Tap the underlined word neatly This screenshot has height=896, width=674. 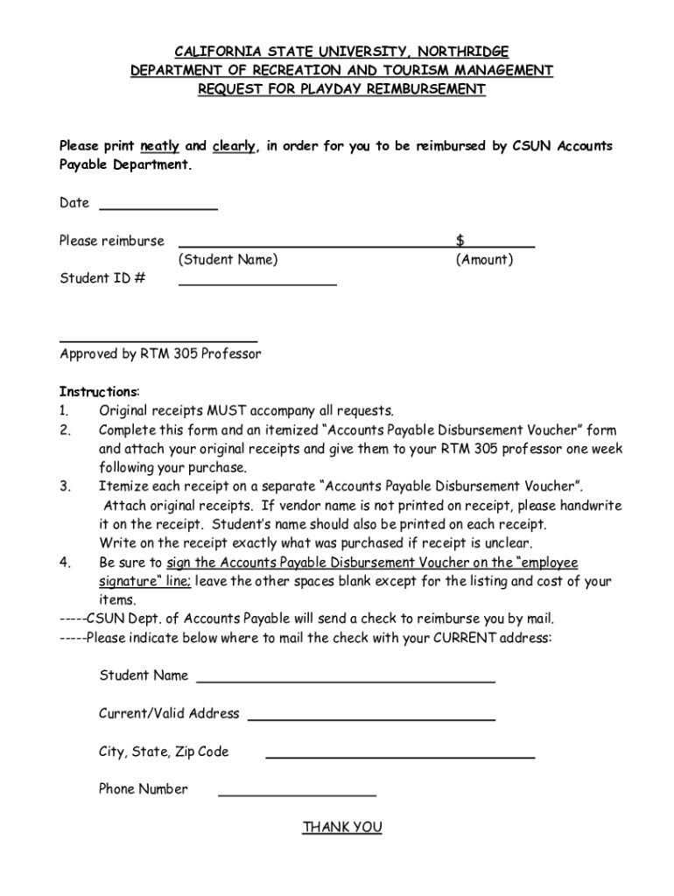(159, 146)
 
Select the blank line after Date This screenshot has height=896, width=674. (158, 208)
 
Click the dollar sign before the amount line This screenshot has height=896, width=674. (460, 240)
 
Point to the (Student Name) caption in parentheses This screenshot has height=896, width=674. (228, 260)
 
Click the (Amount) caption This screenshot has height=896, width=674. (484, 260)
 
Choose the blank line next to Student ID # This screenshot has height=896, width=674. (257, 283)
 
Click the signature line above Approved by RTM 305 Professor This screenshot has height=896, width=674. (158, 339)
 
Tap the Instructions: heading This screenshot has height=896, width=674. (99, 391)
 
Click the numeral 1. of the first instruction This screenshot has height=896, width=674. (64, 410)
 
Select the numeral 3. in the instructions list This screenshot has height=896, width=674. (64, 486)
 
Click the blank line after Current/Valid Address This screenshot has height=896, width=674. (371, 718)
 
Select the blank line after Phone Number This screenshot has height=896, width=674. (297, 794)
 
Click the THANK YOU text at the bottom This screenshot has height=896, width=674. (342, 827)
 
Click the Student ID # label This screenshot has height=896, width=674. (102, 278)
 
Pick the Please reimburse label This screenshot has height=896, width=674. (111, 241)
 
